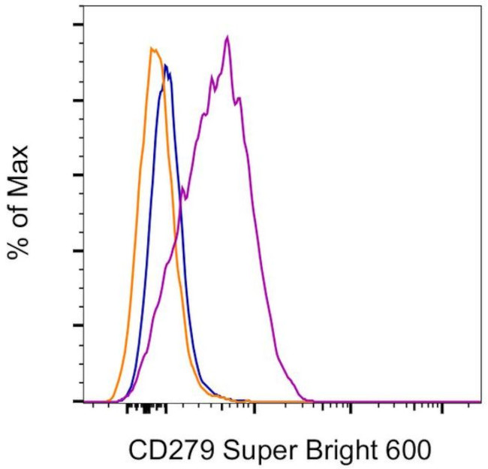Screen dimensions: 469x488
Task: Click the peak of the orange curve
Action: coord(152,49)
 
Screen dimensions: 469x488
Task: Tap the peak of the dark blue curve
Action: coord(166,65)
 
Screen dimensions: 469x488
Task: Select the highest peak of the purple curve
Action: coord(227,37)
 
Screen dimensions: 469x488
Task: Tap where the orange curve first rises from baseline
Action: coord(110,400)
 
